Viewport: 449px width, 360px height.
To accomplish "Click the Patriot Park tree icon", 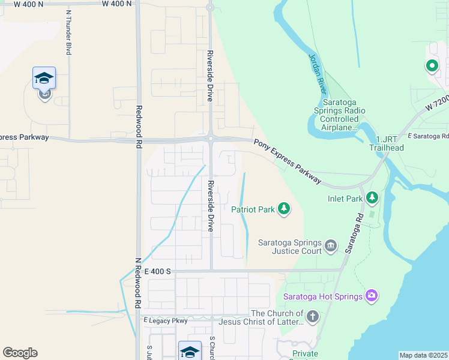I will click(284, 209).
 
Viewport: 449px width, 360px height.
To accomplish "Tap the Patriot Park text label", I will click(253, 209).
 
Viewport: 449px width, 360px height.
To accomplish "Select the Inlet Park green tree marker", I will click(372, 197).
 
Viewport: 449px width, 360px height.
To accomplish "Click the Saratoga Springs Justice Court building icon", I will click(331, 245).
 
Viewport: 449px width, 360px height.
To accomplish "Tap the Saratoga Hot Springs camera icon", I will click(372, 295).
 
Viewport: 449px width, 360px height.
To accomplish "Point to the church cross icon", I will click(312, 316).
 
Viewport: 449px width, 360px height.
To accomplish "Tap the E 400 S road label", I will click(158, 271).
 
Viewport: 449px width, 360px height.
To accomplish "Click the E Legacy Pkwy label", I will click(166, 321).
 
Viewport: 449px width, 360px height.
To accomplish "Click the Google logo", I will click(20, 353).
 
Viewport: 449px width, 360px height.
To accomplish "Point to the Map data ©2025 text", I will click(423, 355).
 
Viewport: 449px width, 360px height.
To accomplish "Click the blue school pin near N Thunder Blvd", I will click(44, 79).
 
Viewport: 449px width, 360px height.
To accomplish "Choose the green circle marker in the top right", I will click(431, 66).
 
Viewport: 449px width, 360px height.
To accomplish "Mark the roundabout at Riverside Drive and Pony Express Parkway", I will click(210, 139).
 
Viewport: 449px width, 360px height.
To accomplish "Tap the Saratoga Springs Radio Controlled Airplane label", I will click(340, 119).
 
